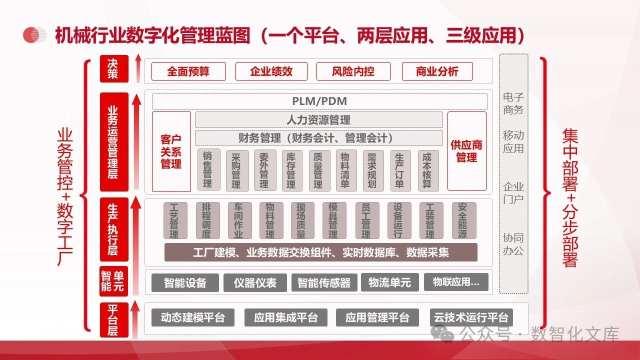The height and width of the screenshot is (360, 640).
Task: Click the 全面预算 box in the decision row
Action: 188,71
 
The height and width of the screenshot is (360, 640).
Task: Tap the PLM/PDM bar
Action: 319,101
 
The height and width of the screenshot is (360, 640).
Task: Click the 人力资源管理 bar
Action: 318,120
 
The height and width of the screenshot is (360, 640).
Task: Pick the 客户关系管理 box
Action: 171,151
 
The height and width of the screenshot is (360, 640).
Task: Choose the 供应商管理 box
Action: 466,151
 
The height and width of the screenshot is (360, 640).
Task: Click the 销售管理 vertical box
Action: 208,170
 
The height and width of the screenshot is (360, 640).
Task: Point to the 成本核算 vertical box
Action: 427,170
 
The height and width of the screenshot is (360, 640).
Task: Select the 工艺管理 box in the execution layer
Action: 174,220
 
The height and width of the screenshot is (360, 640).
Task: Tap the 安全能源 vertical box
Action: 463,220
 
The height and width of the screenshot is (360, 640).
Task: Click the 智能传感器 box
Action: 324,282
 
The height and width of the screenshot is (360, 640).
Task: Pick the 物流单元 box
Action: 389,282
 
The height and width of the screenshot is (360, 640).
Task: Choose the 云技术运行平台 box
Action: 470,317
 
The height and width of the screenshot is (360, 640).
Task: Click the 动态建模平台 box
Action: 193,317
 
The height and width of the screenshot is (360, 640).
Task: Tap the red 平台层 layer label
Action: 113,320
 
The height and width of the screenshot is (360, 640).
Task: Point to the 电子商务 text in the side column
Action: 513,103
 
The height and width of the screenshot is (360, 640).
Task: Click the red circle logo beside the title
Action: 34,35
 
